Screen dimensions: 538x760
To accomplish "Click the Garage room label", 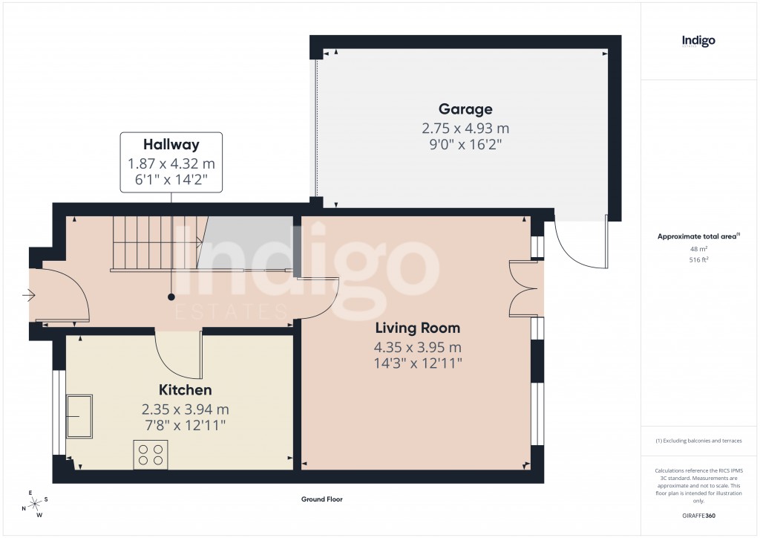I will [x=465, y=109].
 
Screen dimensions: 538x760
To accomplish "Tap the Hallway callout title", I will [x=171, y=145].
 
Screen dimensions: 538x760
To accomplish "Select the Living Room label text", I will [x=417, y=328].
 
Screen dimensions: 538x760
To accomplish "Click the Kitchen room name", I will [x=186, y=390].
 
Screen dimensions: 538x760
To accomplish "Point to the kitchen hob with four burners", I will [x=151, y=454].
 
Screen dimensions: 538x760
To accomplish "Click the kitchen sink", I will [x=79, y=416].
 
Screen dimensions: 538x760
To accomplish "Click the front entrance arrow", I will [x=30, y=296].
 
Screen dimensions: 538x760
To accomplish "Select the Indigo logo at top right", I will [x=698, y=42].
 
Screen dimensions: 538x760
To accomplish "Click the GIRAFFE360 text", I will [x=698, y=516].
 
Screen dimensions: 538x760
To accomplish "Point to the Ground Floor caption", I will [x=321, y=500].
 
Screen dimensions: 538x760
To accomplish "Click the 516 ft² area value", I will [x=698, y=260].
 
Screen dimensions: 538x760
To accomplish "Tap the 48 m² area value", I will [x=698, y=249].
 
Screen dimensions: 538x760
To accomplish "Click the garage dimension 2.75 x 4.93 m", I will [x=465, y=128].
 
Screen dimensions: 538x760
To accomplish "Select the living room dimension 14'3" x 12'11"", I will [x=417, y=363].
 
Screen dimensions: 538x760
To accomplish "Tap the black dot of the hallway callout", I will [x=171, y=296].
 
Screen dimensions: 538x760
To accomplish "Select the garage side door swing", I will [x=579, y=245].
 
